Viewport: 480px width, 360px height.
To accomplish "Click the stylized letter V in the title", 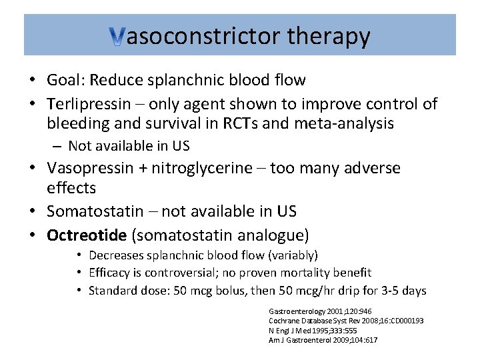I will point(117,38).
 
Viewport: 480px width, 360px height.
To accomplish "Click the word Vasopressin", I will point(95,168).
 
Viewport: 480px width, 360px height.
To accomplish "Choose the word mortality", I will point(302,273).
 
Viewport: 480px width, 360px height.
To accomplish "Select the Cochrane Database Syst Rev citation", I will point(345,321).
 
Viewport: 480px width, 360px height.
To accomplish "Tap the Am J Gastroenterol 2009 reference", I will point(323,339).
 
